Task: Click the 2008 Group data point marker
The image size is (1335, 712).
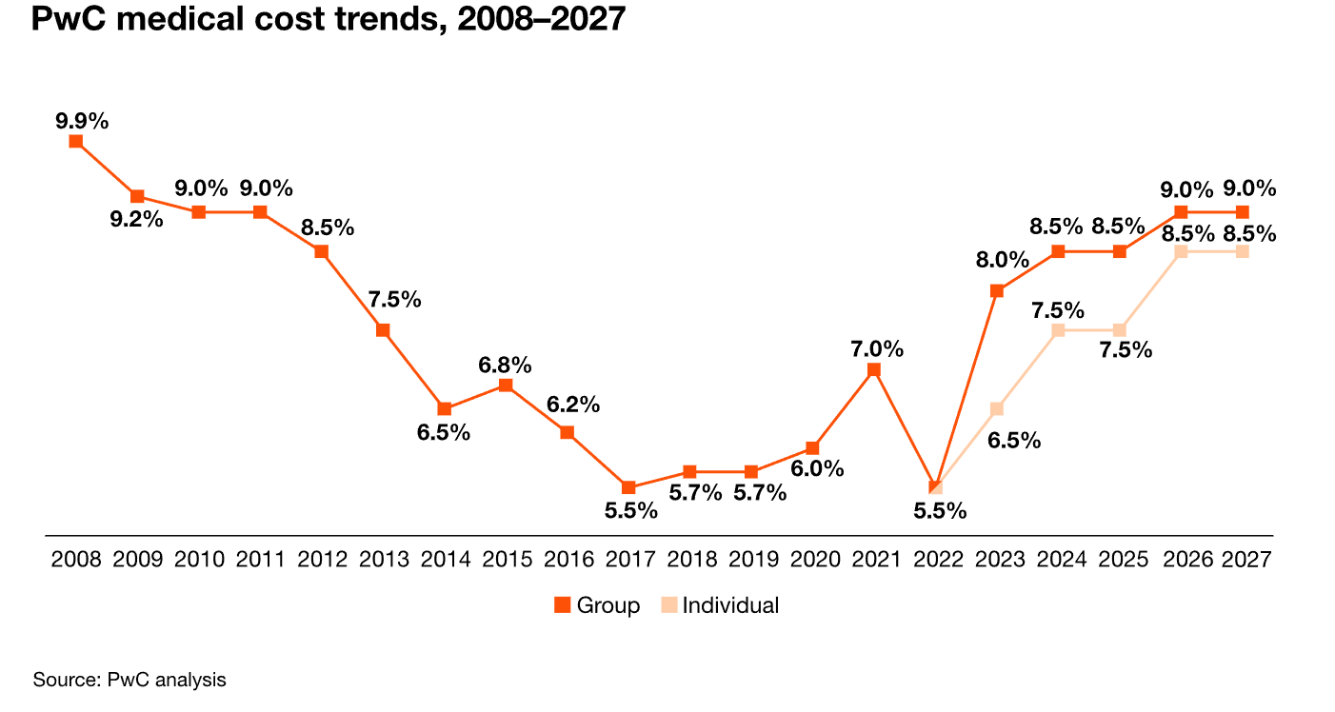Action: point(75,141)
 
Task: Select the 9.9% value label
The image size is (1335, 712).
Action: point(82,121)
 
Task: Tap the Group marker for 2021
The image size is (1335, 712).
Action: point(874,370)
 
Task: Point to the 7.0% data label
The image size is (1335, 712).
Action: point(877,348)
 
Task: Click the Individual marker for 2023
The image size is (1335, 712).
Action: point(996,408)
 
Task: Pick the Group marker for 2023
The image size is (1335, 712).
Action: point(996,290)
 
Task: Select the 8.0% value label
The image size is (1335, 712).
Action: point(1003,260)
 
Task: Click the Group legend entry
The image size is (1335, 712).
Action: point(597,605)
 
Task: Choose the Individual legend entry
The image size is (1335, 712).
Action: point(720,605)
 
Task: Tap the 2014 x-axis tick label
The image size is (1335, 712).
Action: point(446,560)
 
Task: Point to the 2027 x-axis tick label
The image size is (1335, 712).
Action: point(1246,560)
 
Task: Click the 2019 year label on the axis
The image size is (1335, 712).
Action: point(753,560)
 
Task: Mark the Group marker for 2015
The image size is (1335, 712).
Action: point(506,386)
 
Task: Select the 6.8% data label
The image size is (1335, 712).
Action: point(505,365)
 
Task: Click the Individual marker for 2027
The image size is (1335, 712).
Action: point(1242,251)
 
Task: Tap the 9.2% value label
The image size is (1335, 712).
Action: point(136,219)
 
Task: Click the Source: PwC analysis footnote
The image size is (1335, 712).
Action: point(130,680)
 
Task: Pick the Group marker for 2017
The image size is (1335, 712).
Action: point(628,487)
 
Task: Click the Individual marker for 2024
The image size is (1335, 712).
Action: point(1058,330)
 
